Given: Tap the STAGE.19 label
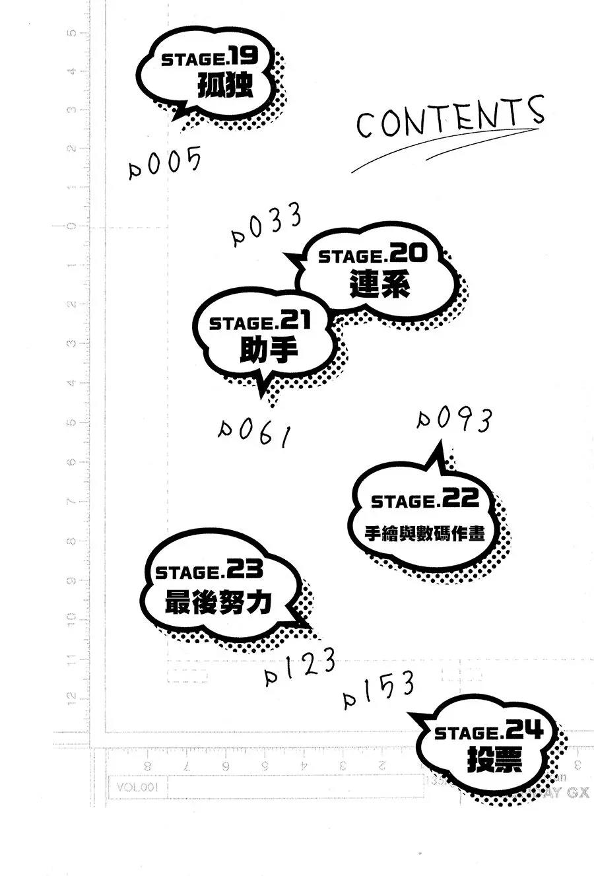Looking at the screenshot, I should [209, 59].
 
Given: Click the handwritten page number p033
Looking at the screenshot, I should [267, 224].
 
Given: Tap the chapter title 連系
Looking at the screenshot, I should [380, 286].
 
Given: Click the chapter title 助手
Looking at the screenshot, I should [268, 351].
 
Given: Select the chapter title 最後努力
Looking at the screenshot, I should [218, 602].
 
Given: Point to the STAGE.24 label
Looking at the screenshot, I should [488, 732].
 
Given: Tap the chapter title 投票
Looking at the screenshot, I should [494, 760].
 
